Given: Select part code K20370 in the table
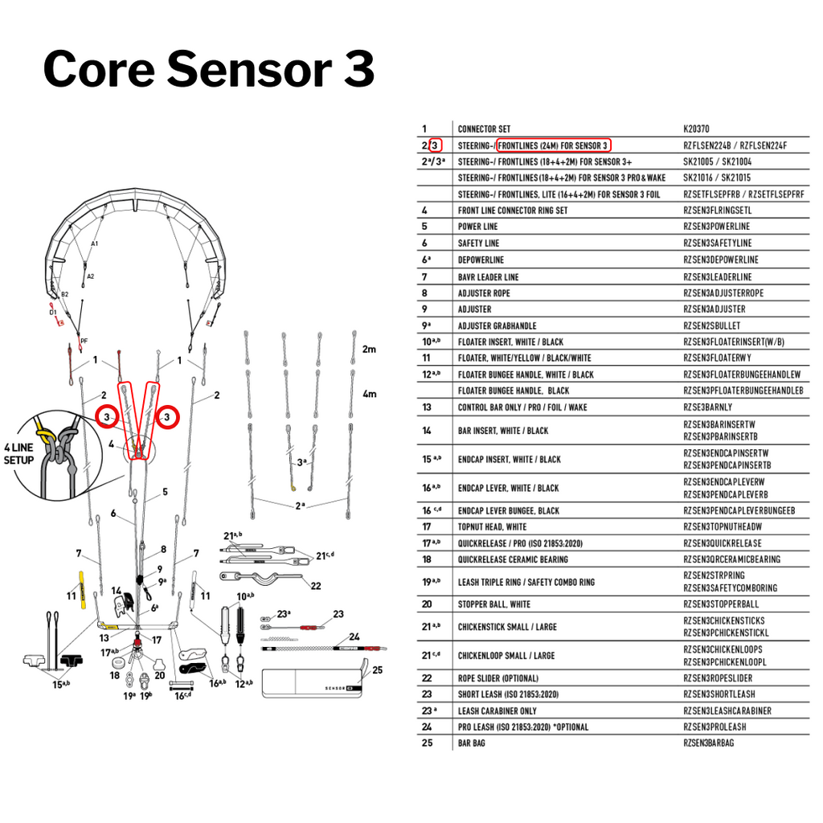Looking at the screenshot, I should point(696,129).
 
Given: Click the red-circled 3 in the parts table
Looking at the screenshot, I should point(435,145).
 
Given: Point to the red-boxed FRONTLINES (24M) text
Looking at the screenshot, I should point(554,145).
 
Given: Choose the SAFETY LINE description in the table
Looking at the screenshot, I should point(478,243).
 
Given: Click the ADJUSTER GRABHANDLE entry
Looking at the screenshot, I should point(497,326).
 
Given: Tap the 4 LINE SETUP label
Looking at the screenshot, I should point(19,454).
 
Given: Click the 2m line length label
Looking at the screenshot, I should point(369,350).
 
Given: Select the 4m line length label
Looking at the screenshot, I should point(369,394).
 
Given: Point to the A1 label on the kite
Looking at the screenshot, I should point(95,244).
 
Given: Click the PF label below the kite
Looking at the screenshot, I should point(84,342).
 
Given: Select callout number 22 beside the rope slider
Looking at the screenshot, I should point(315,586).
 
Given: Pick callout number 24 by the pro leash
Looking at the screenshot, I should point(354,637).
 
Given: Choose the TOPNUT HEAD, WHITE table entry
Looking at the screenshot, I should point(492,527).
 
